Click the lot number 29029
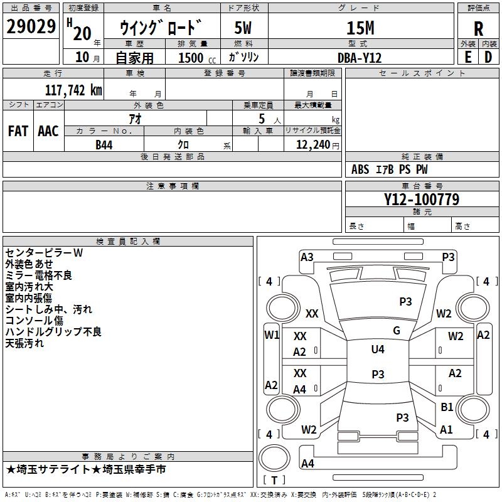pyautogui.click(x=31, y=27)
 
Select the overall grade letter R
pyautogui.click(x=478, y=28)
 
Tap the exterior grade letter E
pyautogui.click(x=467, y=56)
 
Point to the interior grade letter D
pyautogui.click(x=488, y=56)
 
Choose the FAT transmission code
pyautogui.click(x=18, y=131)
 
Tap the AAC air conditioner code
pyautogui.click(x=48, y=131)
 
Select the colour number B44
pyautogui.click(x=105, y=145)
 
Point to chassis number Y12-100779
pyautogui.click(x=422, y=200)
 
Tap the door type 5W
pyautogui.click(x=244, y=28)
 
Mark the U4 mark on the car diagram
pyautogui.click(x=378, y=349)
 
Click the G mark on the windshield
pyautogui.click(x=397, y=330)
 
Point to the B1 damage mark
pyautogui.click(x=447, y=407)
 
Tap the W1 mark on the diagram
pyautogui.click(x=271, y=334)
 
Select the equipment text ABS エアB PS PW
pyautogui.click(x=390, y=169)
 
